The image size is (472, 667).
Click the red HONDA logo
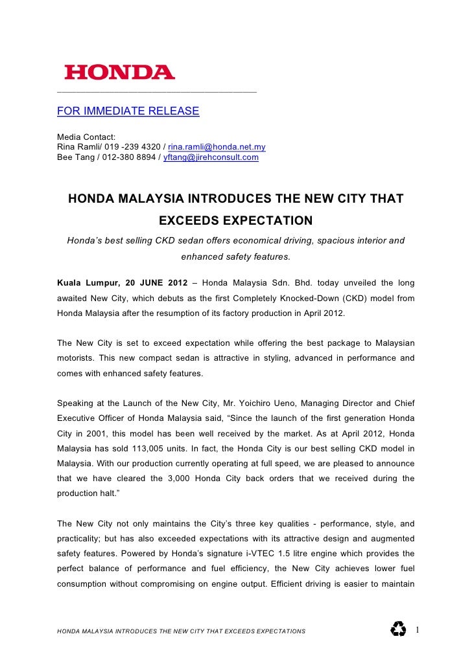click(119, 73)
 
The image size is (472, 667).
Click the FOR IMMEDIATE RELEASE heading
click(128, 111)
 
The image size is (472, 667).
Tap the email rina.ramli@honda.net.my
click(217, 147)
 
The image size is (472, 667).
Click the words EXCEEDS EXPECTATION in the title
click(236, 220)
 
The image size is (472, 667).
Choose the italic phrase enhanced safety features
click(236, 257)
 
